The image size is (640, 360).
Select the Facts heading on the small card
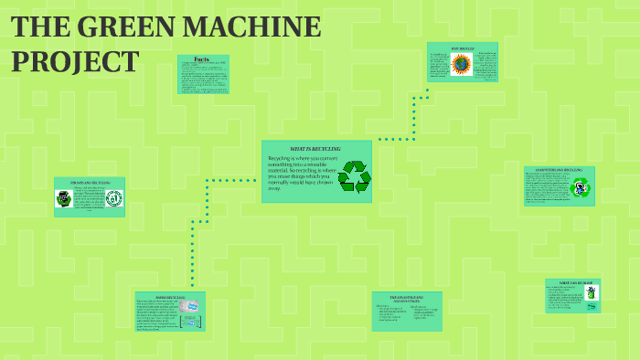tap(202, 59)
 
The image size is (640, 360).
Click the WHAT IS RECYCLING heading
tap(315, 148)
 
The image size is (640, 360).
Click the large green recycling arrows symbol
tap(354, 176)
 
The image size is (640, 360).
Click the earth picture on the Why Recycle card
tap(460, 64)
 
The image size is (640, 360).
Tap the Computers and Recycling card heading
tap(560, 171)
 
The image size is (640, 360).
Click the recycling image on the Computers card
tap(580, 189)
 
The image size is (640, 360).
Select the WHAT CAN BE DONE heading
tap(573, 283)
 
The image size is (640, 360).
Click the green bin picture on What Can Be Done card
tap(592, 293)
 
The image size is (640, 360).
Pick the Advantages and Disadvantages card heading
tap(406, 299)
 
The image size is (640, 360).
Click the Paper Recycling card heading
tap(171, 297)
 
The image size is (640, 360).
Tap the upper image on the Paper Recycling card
tap(188, 308)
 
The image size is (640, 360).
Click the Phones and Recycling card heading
tap(89, 183)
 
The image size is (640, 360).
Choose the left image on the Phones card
tap(64, 198)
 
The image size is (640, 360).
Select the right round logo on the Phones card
tap(113, 198)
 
